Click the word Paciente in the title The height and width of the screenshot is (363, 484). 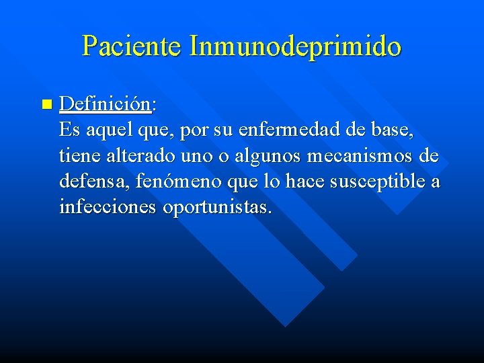132,46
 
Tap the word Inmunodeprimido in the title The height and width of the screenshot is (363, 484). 295,46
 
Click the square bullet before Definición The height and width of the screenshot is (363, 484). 46,104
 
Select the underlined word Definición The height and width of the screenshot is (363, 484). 104,104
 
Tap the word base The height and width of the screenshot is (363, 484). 395,130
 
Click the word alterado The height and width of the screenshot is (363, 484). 139,156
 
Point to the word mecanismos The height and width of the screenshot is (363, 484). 362,156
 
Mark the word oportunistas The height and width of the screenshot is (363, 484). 216,207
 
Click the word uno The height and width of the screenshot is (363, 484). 197,156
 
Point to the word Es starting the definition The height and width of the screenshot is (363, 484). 69,130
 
